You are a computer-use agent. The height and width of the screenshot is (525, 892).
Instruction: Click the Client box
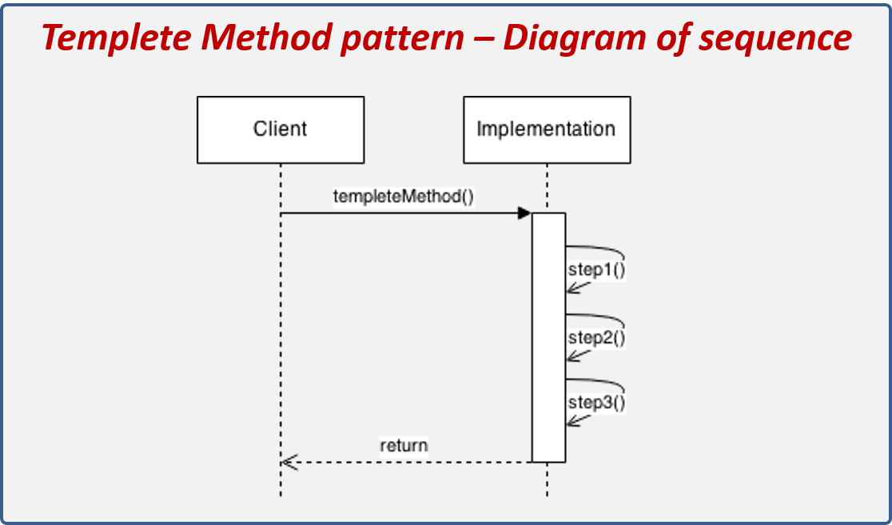tap(281, 129)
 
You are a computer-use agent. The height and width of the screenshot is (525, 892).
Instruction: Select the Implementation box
tap(547, 129)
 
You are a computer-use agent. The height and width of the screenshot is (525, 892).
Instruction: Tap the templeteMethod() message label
tap(404, 196)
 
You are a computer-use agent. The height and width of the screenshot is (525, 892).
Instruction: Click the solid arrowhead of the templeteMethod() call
tap(524, 213)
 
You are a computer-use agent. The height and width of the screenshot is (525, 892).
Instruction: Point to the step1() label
tap(596, 270)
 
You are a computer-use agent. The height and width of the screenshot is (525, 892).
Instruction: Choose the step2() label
tap(596, 337)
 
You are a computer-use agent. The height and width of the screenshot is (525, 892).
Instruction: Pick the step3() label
tap(596, 404)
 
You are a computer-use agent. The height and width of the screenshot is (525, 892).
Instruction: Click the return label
tap(404, 445)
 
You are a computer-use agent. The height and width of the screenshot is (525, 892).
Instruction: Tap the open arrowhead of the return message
tap(289, 462)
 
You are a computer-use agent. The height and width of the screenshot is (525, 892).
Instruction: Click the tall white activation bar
tap(549, 336)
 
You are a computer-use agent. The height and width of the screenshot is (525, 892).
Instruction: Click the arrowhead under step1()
tap(575, 288)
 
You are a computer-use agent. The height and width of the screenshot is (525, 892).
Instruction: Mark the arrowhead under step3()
tap(575, 421)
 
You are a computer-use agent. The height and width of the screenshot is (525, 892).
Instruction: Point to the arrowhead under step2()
tap(575, 355)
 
